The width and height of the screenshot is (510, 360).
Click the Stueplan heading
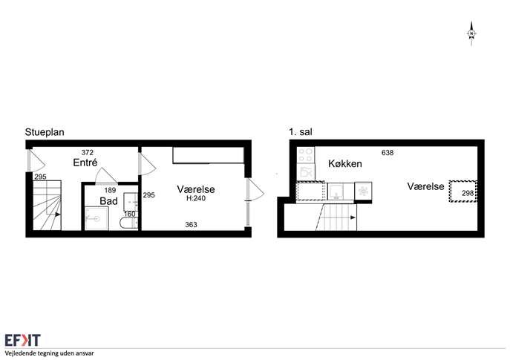tap(45, 132)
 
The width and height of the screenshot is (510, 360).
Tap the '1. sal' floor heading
tap(301, 132)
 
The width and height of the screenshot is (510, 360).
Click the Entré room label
tap(85, 163)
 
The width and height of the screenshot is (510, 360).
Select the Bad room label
tap(108, 201)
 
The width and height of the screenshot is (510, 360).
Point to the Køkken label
tap(345, 163)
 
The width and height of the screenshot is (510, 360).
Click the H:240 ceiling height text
tap(196, 198)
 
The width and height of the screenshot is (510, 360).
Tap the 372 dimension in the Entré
tap(87, 152)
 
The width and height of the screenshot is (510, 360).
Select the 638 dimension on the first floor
tap(388, 152)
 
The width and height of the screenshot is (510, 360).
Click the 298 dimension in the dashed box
tap(468, 193)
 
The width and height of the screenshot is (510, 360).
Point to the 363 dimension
tap(191, 224)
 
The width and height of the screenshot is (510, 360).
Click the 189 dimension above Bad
tap(110, 190)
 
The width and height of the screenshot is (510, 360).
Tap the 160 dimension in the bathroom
tap(129, 214)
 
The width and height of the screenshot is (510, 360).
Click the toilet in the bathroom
tap(129, 223)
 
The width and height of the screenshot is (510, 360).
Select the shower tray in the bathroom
tap(97, 218)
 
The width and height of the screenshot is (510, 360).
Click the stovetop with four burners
tap(306, 155)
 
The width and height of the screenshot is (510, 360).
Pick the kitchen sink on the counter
tap(336, 192)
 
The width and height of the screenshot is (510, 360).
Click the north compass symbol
tap(471, 33)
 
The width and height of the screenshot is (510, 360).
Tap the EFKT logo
tap(23, 340)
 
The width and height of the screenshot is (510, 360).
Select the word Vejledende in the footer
tap(19, 353)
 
